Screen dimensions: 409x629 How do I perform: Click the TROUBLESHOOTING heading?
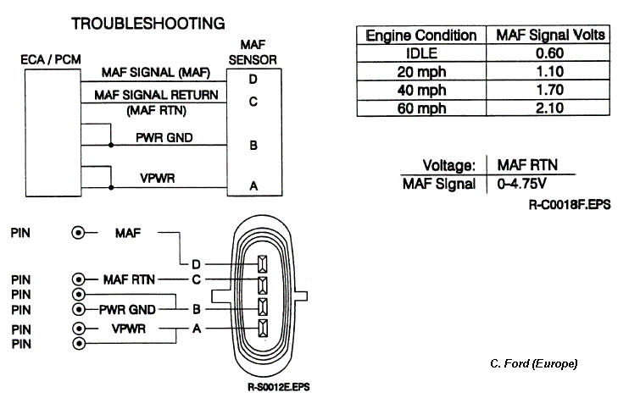click(x=148, y=23)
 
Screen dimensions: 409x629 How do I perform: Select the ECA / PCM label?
click(x=47, y=62)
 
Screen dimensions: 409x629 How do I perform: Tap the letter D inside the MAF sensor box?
click(x=253, y=80)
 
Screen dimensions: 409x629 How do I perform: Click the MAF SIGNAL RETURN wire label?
click(x=157, y=94)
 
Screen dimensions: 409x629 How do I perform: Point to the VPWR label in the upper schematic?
click(x=157, y=178)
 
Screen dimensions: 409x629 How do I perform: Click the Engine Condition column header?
click(x=420, y=36)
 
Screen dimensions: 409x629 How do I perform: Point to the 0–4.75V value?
click(x=520, y=184)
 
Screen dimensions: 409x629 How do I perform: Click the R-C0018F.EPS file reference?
click(x=568, y=204)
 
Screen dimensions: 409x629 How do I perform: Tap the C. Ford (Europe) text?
click(x=533, y=363)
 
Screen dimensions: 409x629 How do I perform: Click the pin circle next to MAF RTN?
click(x=80, y=279)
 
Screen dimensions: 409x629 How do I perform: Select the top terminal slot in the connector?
click(x=262, y=263)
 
